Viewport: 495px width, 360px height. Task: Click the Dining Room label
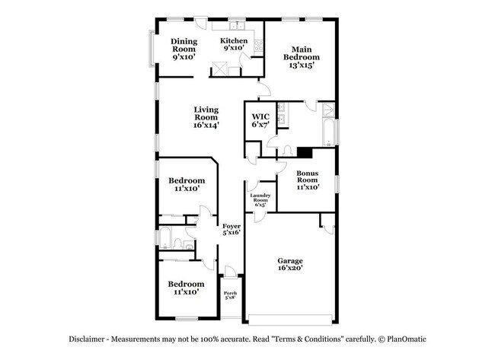[x=184, y=49]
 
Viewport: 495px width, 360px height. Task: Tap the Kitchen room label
[x=234, y=44]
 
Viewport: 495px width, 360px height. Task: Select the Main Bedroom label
[x=302, y=57]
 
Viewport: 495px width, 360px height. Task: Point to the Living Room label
[x=206, y=117]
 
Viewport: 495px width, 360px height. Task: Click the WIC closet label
[x=260, y=122]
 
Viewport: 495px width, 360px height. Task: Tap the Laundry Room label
[x=260, y=199]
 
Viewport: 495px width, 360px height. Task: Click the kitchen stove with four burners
[x=219, y=67]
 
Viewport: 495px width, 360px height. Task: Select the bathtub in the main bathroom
[x=327, y=131]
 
